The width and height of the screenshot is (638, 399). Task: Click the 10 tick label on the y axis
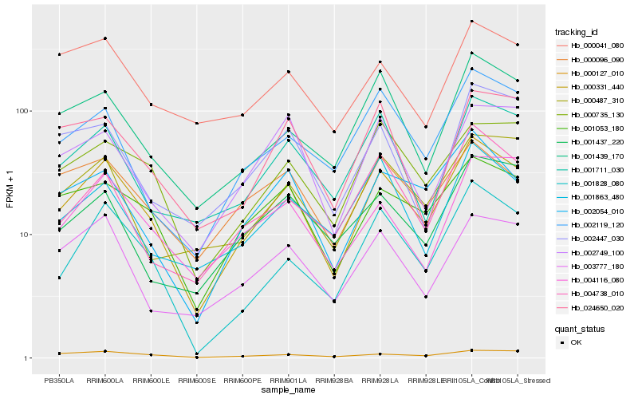[24, 235]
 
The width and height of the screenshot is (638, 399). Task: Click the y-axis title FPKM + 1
[10, 191]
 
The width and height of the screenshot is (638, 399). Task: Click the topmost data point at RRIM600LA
[105, 38]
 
